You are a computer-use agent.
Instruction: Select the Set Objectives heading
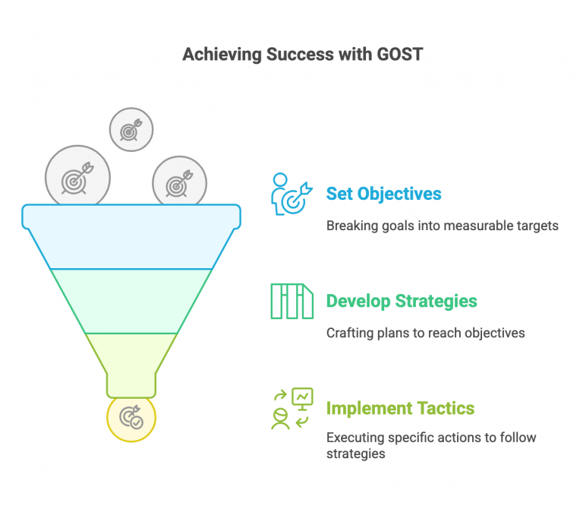coord(383,194)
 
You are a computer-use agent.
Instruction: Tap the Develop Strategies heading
coord(402,301)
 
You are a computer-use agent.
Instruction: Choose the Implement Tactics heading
coord(400,408)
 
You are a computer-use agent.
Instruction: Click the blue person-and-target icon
coord(291,194)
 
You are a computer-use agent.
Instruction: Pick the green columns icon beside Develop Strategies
coord(291,301)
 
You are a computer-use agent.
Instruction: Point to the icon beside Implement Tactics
coord(291,408)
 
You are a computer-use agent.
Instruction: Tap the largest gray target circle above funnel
coord(77,176)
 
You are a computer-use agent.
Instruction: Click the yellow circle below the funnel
coord(131,418)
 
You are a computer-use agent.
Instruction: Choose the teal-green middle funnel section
coord(131,301)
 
